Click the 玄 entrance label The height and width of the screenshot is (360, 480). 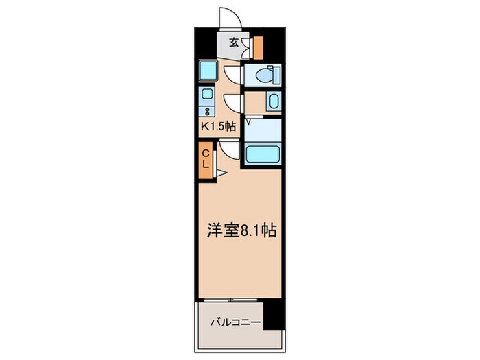pyautogui.click(x=234, y=43)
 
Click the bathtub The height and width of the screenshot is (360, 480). pyautogui.click(x=262, y=154)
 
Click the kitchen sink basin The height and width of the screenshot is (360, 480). pyautogui.click(x=206, y=94)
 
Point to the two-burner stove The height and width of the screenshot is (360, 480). pyautogui.click(x=206, y=110)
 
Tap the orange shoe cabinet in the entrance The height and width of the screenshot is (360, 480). pyautogui.click(x=258, y=47)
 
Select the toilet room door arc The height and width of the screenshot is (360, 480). pyautogui.click(x=233, y=75)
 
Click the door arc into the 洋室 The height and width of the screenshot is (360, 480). pyautogui.click(x=228, y=149)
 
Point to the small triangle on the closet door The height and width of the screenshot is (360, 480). pyautogui.click(x=221, y=173)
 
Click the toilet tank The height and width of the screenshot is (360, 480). pyautogui.click(x=274, y=74)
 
